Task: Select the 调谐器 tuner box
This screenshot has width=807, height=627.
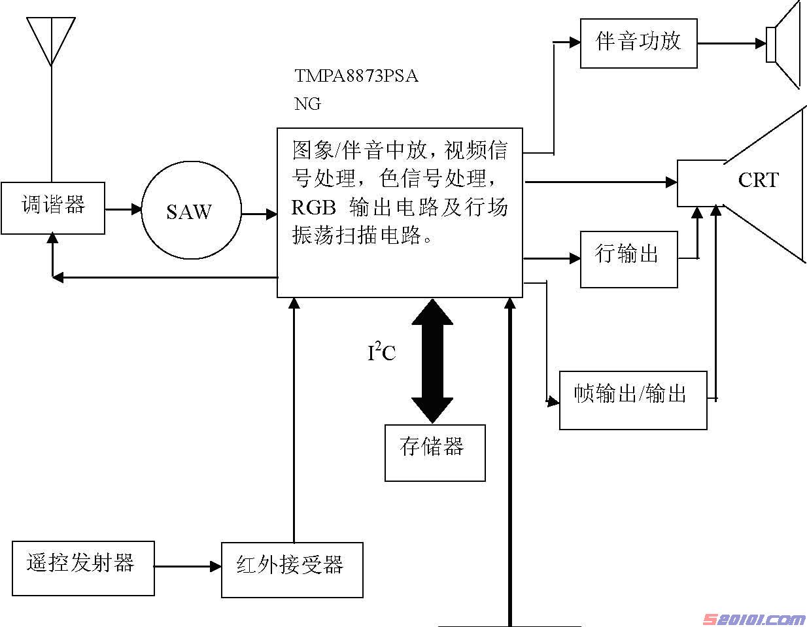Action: (53, 208)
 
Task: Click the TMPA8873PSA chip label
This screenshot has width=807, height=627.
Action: (356, 76)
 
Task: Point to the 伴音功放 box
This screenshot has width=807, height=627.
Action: (638, 42)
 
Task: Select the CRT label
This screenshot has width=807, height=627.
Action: (758, 180)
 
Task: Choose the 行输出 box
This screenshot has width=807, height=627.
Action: (628, 259)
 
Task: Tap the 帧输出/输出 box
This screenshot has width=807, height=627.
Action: (632, 400)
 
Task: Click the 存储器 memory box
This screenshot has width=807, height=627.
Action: (434, 452)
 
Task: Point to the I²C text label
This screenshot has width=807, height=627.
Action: (381, 353)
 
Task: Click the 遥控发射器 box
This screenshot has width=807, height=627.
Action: (83, 568)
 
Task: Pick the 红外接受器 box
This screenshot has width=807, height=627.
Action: (292, 569)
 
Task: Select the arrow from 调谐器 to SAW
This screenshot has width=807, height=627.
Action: (124, 210)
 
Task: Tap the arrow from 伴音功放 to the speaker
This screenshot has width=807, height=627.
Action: (731, 44)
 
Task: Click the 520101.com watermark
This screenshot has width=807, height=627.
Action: (753, 618)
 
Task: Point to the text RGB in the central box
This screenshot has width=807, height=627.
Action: (313, 208)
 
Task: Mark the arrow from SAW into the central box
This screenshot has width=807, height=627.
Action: (259, 213)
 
